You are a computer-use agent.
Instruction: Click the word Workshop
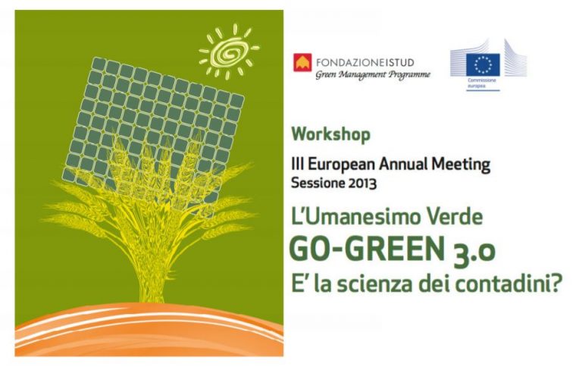[x=330, y=134]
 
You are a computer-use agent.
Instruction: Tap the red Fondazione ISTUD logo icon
[x=302, y=62]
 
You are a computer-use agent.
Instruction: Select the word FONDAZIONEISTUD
[x=365, y=62]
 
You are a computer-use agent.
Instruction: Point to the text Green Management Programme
[x=373, y=74]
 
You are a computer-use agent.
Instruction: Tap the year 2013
[x=363, y=183]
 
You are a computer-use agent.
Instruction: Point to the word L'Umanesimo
[x=357, y=217]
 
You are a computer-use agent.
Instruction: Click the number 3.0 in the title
[x=474, y=251]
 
